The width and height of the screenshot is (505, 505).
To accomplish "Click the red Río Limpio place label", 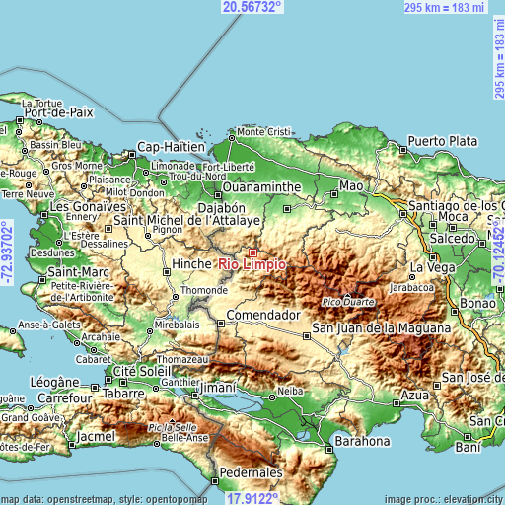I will [x=252, y=264].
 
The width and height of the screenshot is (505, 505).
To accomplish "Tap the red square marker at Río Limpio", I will [x=252, y=252].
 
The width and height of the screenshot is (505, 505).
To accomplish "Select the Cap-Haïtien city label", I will [x=171, y=146].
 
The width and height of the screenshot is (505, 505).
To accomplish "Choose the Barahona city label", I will [x=362, y=440].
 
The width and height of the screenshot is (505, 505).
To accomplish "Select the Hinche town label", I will [x=191, y=264].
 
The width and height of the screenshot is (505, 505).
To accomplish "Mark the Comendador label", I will [x=262, y=315].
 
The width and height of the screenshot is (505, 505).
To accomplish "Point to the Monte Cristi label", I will [x=264, y=131].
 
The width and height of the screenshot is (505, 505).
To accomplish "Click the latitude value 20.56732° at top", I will [x=252, y=7].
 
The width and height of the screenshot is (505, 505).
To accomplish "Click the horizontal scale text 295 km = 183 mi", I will [x=443, y=8].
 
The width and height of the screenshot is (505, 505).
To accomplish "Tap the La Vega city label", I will [x=430, y=267].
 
